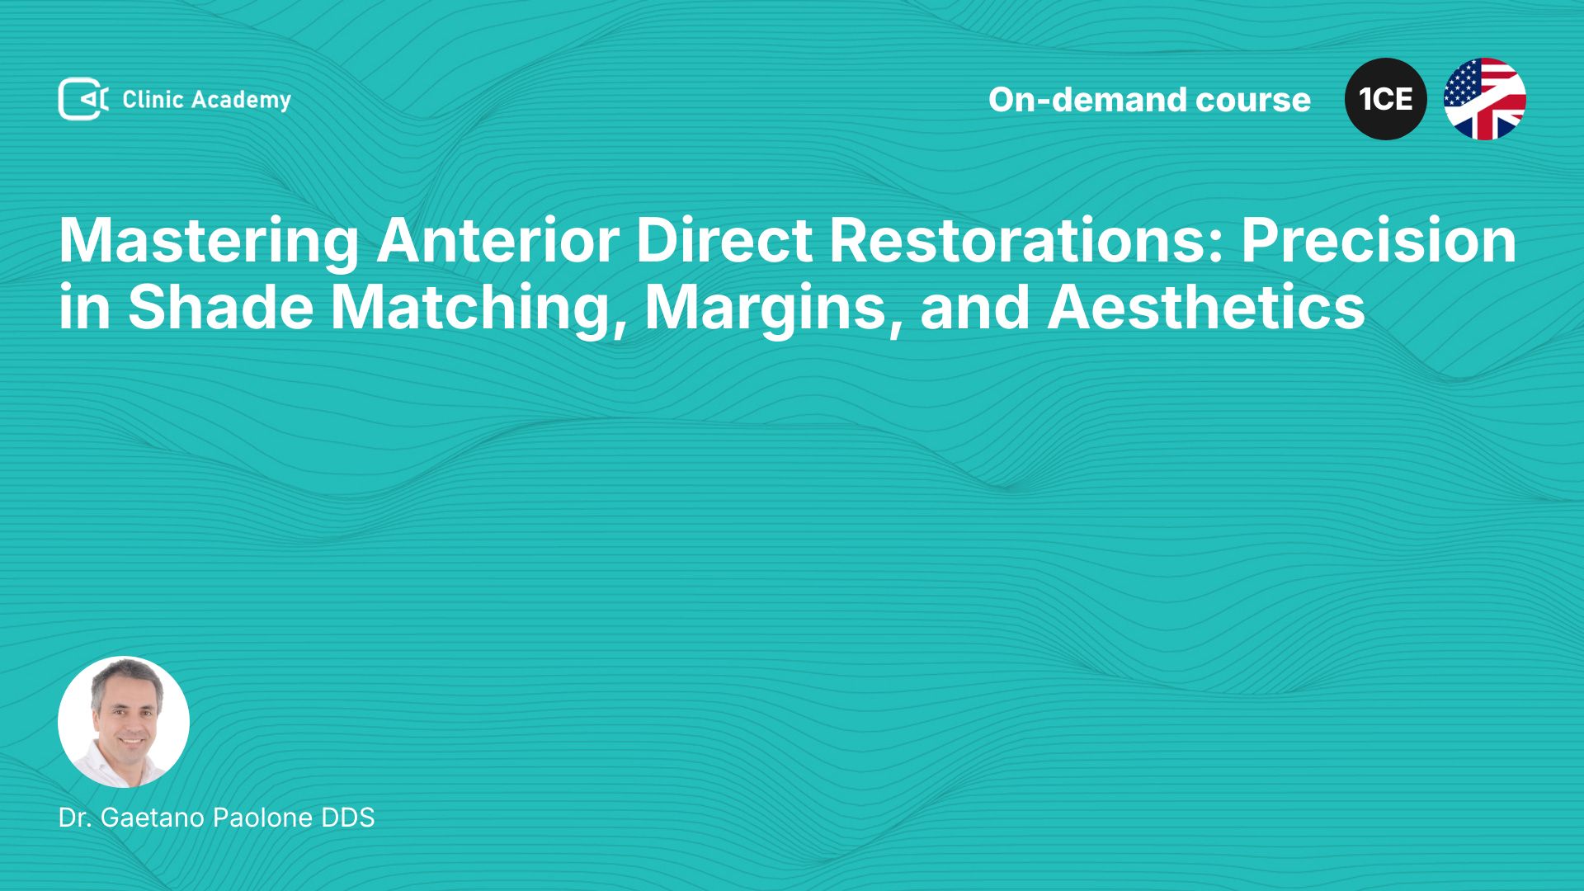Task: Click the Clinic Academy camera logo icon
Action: (x=82, y=99)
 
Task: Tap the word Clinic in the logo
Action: (x=153, y=99)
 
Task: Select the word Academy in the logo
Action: (x=241, y=101)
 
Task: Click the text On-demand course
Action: (x=1149, y=100)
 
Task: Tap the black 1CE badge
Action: (x=1386, y=99)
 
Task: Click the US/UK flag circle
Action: (x=1485, y=99)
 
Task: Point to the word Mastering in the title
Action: (x=209, y=242)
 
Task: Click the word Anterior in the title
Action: (x=497, y=240)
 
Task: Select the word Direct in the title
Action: (x=724, y=240)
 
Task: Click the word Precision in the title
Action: (x=1379, y=240)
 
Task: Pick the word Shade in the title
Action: (x=220, y=307)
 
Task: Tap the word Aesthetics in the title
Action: (x=1206, y=307)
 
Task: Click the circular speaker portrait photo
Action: (x=124, y=722)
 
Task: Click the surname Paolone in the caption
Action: (x=263, y=818)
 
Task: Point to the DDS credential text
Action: (x=348, y=818)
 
